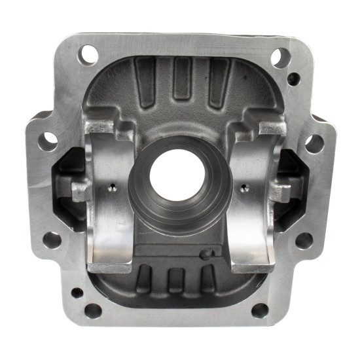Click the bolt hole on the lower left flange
[x=53, y=240]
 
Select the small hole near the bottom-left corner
[x=77, y=293]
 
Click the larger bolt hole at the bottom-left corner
[x=93, y=310]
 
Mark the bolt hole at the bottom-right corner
[x=260, y=310]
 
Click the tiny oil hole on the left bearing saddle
[x=112, y=189]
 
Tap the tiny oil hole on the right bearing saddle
[x=244, y=189]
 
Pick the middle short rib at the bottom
[x=174, y=280]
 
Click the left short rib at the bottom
[x=144, y=278]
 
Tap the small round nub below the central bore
[x=206, y=254]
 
